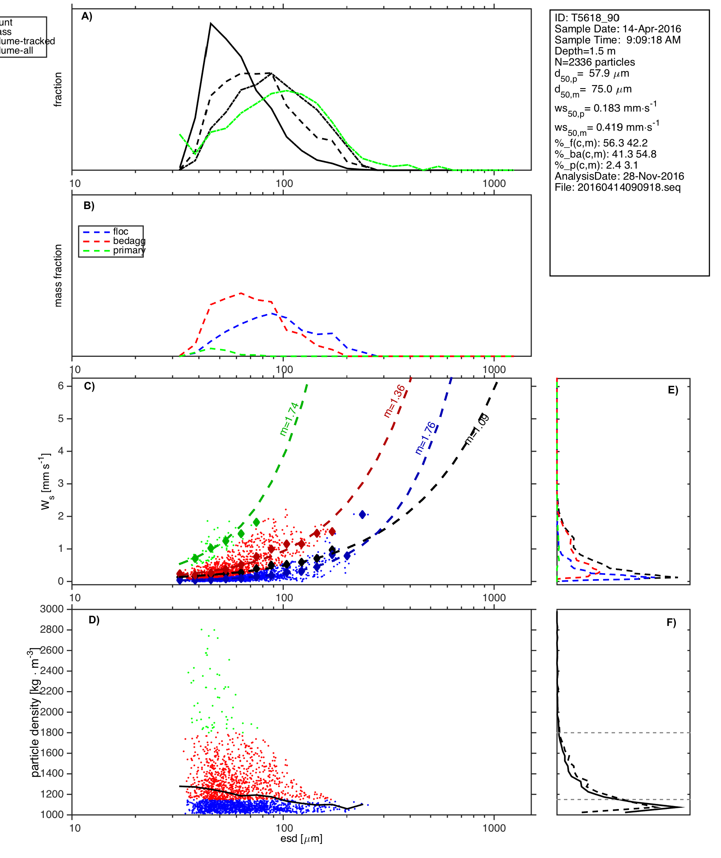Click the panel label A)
pos(87,17)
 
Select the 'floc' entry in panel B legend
pos(120,232)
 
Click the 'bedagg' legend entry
pos(129,241)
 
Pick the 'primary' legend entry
pos(129,250)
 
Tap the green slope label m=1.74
pos(289,419)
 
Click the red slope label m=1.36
pos(394,401)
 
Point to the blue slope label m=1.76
pos(425,438)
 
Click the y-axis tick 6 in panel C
pos(61,386)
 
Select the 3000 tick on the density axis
pos(51,609)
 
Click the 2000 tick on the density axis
pos(51,712)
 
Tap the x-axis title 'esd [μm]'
pos(301,839)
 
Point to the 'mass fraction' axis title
pos(58,275)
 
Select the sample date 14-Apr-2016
pos(652,29)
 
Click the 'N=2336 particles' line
pos(595,62)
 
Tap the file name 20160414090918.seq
pos(629,187)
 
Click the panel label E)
pos(673,390)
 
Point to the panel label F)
pos(671,623)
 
